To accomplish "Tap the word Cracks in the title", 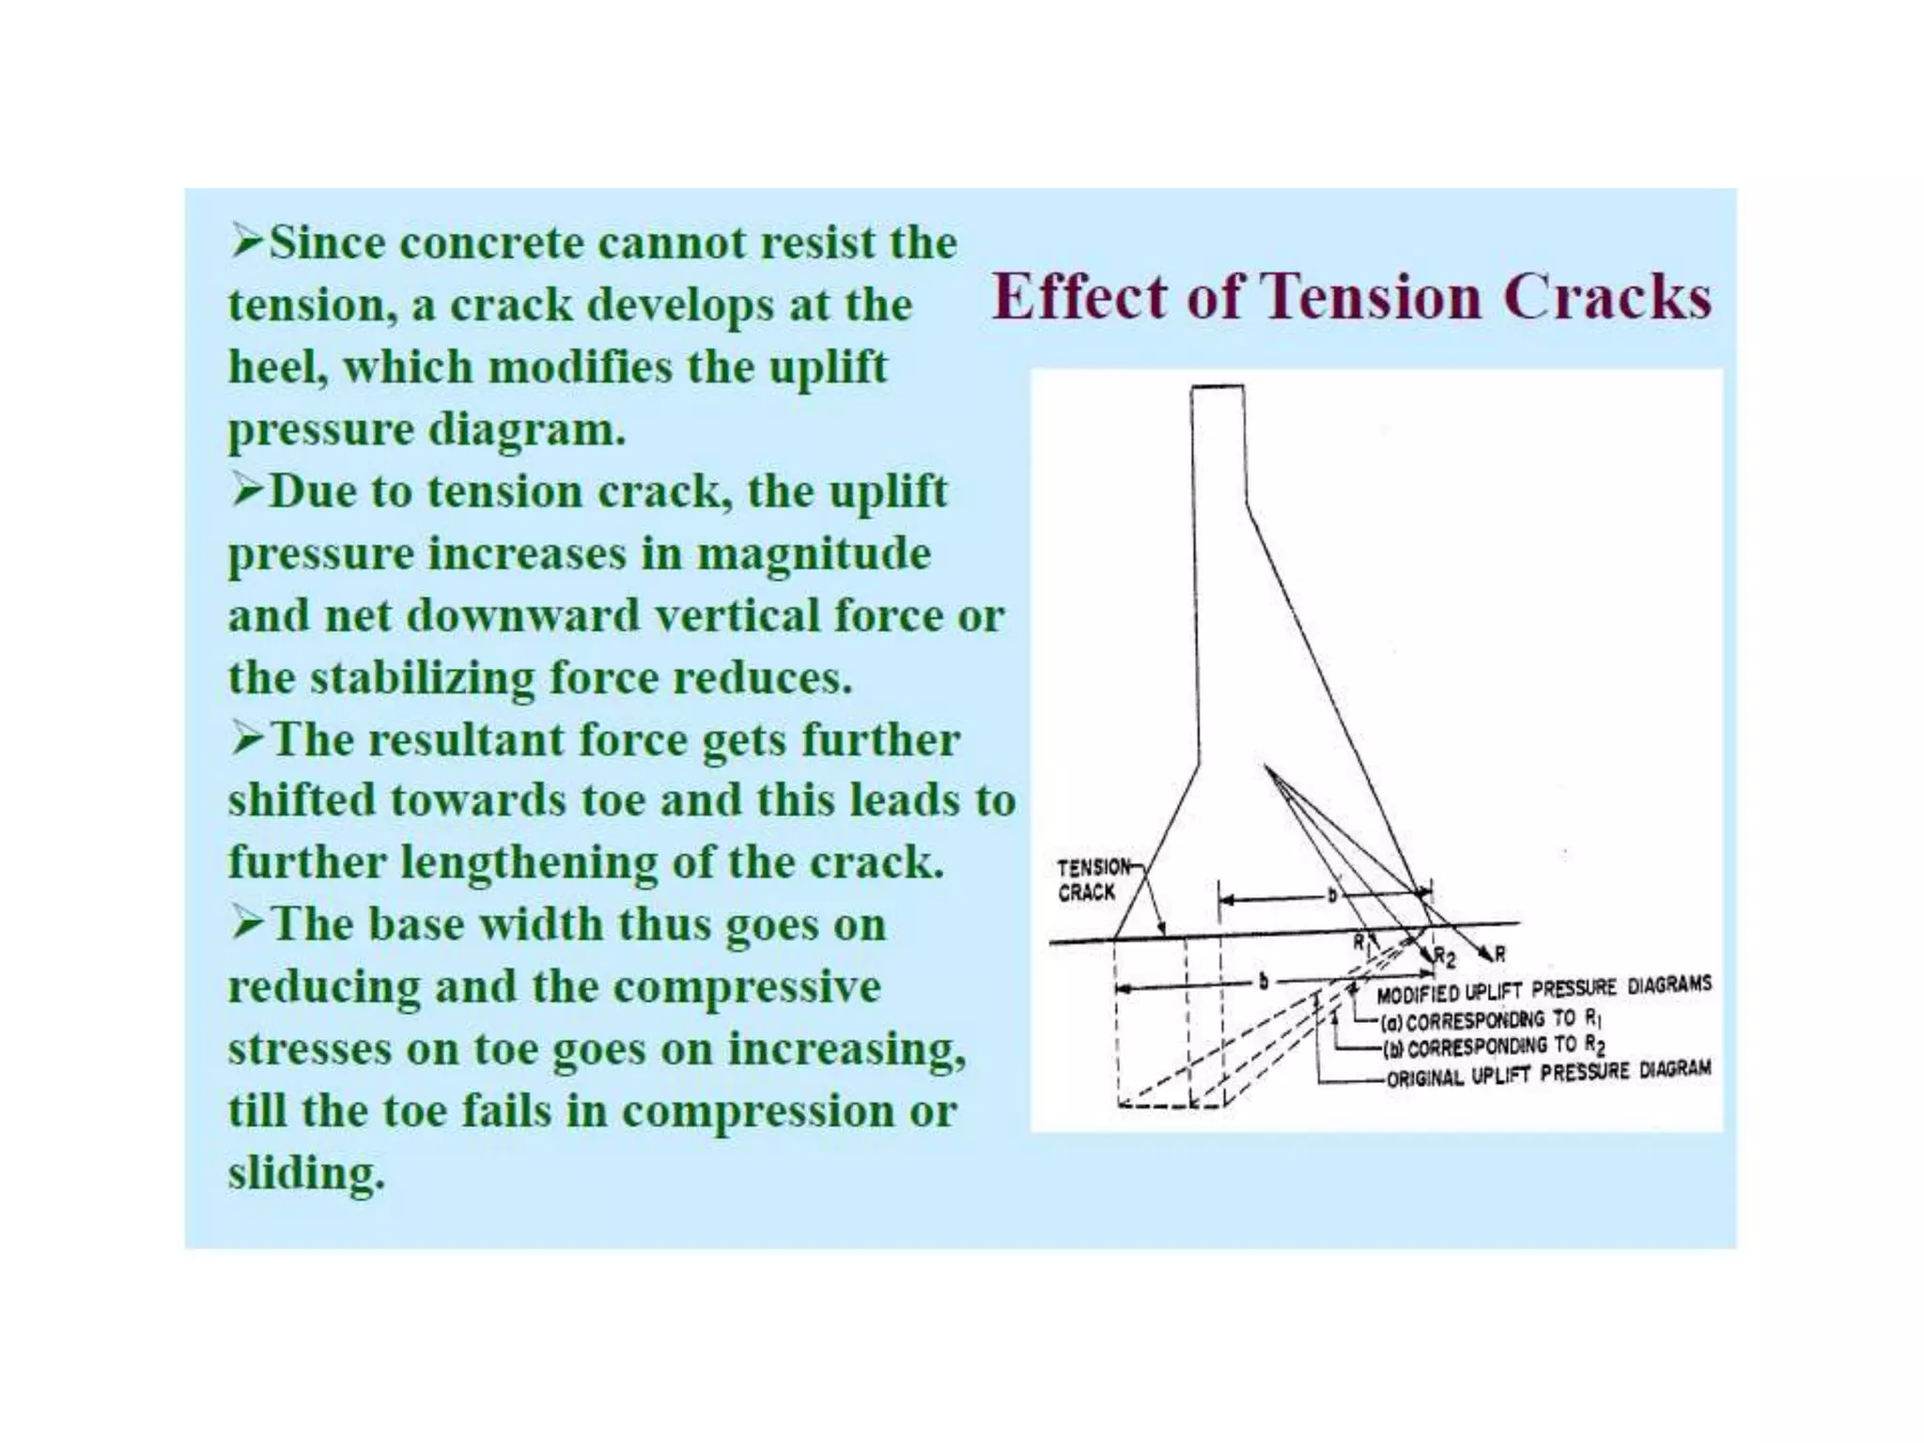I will (x=1606, y=296).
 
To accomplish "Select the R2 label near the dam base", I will (x=1444, y=957).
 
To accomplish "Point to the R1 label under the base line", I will (x=1360, y=941).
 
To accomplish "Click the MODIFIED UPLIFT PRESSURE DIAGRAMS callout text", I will (x=1543, y=988).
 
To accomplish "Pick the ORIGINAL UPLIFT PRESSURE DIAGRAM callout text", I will (x=1547, y=1074).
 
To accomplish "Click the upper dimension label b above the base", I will (x=1331, y=895).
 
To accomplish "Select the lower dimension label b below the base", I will (x=1264, y=983).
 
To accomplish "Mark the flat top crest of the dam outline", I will (x=1218, y=386).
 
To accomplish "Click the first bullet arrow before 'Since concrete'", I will (x=247, y=243).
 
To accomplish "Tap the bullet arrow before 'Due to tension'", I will (x=247, y=491).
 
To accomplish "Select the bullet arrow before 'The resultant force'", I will (x=247, y=740).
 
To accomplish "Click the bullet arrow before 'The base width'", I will (x=247, y=924).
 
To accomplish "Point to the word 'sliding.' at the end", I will (x=306, y=1172).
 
